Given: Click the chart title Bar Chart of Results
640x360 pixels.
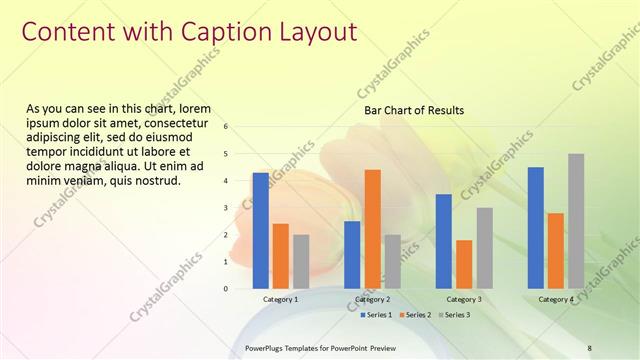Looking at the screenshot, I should coord(413,110).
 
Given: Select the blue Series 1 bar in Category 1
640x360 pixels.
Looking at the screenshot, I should coord(260,230).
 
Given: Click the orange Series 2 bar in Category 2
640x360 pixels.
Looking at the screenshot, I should coord(372,228).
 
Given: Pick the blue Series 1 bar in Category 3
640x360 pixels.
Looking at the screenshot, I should coord(443,241).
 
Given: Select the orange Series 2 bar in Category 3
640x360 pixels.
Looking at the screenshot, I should coord(464,264).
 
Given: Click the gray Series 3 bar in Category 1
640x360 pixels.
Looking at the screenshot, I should coord(301,261).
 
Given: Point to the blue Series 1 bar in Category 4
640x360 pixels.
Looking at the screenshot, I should coord(535,227).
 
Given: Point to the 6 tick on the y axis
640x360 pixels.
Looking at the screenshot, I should coord(226,127).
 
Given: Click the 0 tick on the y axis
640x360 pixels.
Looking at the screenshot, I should coord(226,288).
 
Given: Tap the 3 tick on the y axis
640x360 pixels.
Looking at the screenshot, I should coord(226,208).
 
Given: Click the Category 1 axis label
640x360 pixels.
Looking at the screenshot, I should coord(280,299).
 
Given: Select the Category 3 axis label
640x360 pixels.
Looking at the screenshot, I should coord(464,299).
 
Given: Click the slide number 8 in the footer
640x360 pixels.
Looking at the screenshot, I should coord(589,347).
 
